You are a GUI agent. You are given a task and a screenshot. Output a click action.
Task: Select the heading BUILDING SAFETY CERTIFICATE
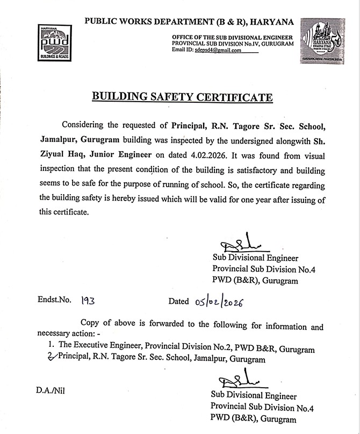[183, 97]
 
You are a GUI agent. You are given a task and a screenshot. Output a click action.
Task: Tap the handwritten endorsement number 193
[87, 301]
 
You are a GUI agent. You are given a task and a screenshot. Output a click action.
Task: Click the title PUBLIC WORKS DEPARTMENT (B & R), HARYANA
[189, 22]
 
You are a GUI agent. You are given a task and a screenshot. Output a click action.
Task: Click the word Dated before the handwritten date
[178, 301]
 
